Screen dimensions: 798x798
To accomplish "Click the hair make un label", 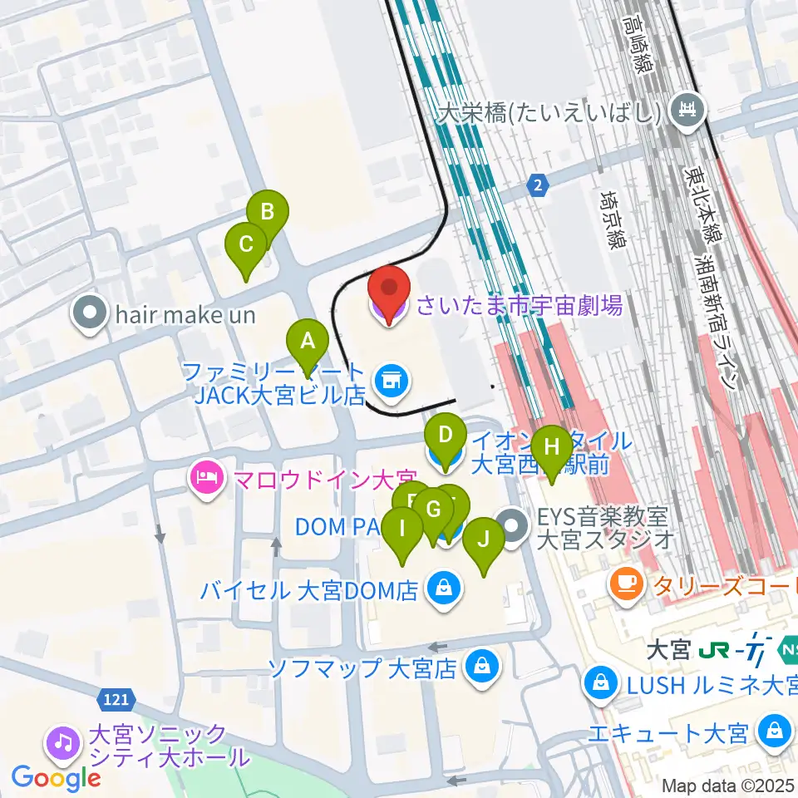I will tap(185, 315).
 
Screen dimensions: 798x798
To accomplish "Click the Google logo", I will tap(56, 778).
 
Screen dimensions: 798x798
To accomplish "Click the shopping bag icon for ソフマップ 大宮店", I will tap(480, 667).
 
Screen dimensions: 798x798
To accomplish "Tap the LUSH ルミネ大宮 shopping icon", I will tap(600, 685).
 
